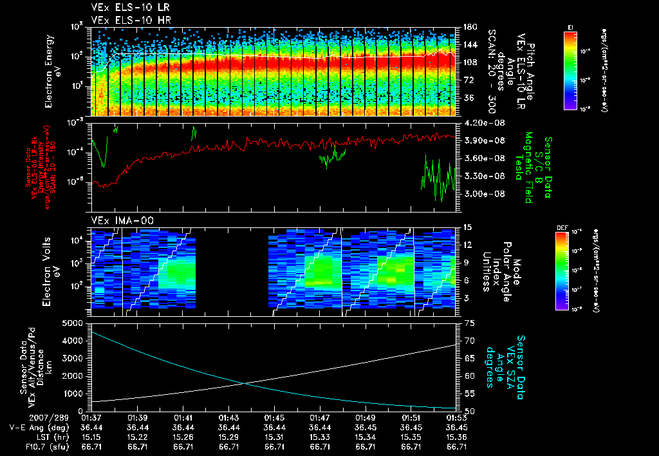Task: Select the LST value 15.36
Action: (x=456, y=436)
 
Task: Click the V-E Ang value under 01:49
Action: (x=366, y=427)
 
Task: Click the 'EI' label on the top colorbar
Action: (x=570, y=26)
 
